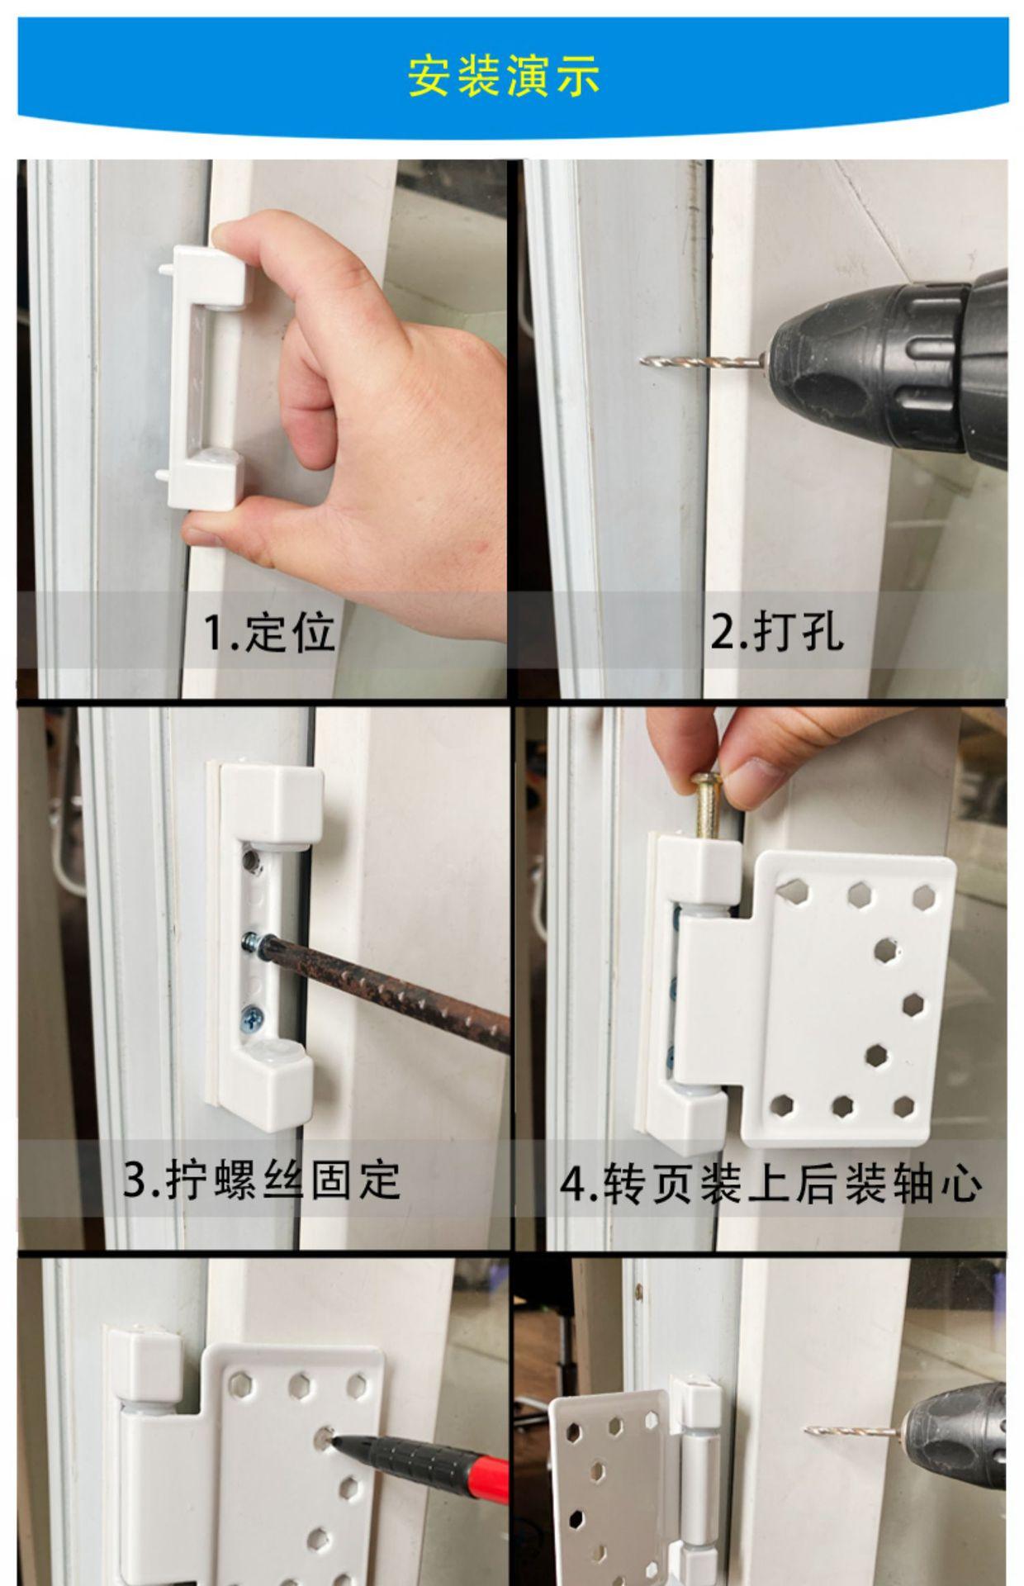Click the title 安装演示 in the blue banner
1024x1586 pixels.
(x=504, y=76)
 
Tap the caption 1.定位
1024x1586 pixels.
(x=269, y=633)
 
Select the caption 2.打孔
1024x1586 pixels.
(x=777, y=633)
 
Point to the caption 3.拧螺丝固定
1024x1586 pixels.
(x=262, y=1180)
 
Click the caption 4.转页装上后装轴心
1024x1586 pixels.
(x=771, y=1184)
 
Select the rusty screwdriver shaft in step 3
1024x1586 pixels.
(x=388, y=988)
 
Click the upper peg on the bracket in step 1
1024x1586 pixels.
(x=166, y=268)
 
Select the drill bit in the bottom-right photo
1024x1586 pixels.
(x=855, y=1431)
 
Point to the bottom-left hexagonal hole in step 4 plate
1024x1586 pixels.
(x=782, y=1104)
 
